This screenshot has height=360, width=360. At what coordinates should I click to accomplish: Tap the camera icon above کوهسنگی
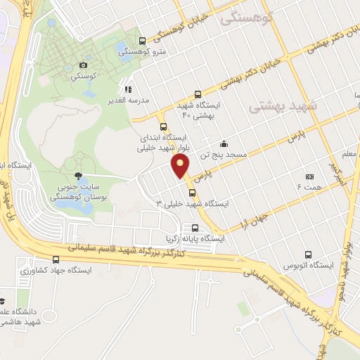pyautogui.click(x=84, y=65)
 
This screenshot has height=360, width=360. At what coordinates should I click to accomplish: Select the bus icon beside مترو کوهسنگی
pyautogui.click(x=143, y=41)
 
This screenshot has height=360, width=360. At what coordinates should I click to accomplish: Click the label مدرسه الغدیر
pyautogui.click(x=127, y=100)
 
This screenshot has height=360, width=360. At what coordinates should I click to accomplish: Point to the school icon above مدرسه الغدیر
pyautogui.click(x=128, y=89)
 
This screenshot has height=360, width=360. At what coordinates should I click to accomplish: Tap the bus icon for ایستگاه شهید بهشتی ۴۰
pyautogui.click(x=198, y=94)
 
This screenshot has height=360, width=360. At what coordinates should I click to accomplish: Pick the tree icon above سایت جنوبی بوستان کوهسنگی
pyautogui.click(x=77, y=176)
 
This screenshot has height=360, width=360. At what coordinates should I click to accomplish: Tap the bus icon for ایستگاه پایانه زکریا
pyautogui.click(x=195, y=228)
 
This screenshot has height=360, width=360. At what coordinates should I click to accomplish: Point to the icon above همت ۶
pyautogui.click(x=309, y=176)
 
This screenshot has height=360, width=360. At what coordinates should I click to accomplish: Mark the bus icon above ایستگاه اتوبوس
pyautogui.click(x=308, y=255)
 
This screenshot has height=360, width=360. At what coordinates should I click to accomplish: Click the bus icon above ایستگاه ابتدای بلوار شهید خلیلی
pyautogui.click(x=164, y=127)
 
